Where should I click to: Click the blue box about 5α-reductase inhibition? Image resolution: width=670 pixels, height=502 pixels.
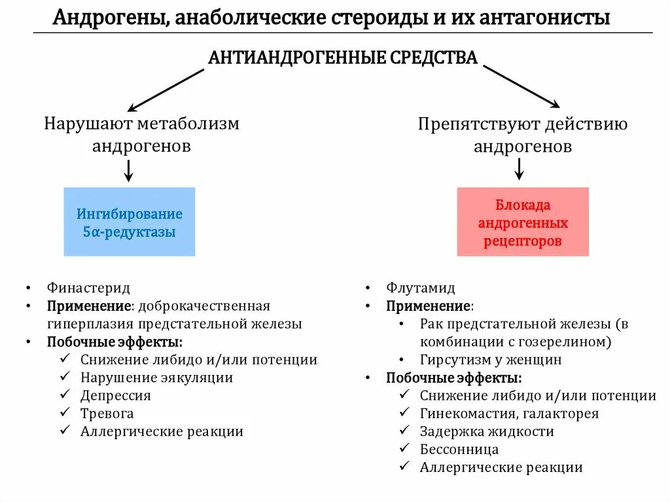pos(129,222)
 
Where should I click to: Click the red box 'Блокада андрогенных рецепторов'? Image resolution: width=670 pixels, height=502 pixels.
pos(522,222)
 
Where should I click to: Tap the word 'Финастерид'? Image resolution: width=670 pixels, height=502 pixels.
pos(88,288)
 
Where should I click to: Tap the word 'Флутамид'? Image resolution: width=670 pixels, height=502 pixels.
pos(421,288)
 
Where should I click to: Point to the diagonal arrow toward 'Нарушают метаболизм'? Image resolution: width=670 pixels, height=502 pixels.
pos(166,90)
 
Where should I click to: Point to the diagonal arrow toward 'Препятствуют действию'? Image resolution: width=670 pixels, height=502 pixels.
pos(521,86)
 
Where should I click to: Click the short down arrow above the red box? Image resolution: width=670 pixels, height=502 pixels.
pos(519,169)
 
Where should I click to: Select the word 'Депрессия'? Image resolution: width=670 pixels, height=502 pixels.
pos(116,395)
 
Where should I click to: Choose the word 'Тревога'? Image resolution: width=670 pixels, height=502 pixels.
pos(107,414)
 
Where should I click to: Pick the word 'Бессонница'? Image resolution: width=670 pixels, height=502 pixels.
pos(459,450)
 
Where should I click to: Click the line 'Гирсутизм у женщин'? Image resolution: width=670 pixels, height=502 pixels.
pos(491,360)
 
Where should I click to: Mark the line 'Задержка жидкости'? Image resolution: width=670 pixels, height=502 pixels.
pos(487,431)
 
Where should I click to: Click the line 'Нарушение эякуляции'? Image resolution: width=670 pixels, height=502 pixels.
pos(156,378)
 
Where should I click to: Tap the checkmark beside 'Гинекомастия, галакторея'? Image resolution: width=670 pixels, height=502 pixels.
pos(405,413)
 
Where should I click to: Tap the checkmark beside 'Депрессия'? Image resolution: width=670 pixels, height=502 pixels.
pos(65,395)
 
